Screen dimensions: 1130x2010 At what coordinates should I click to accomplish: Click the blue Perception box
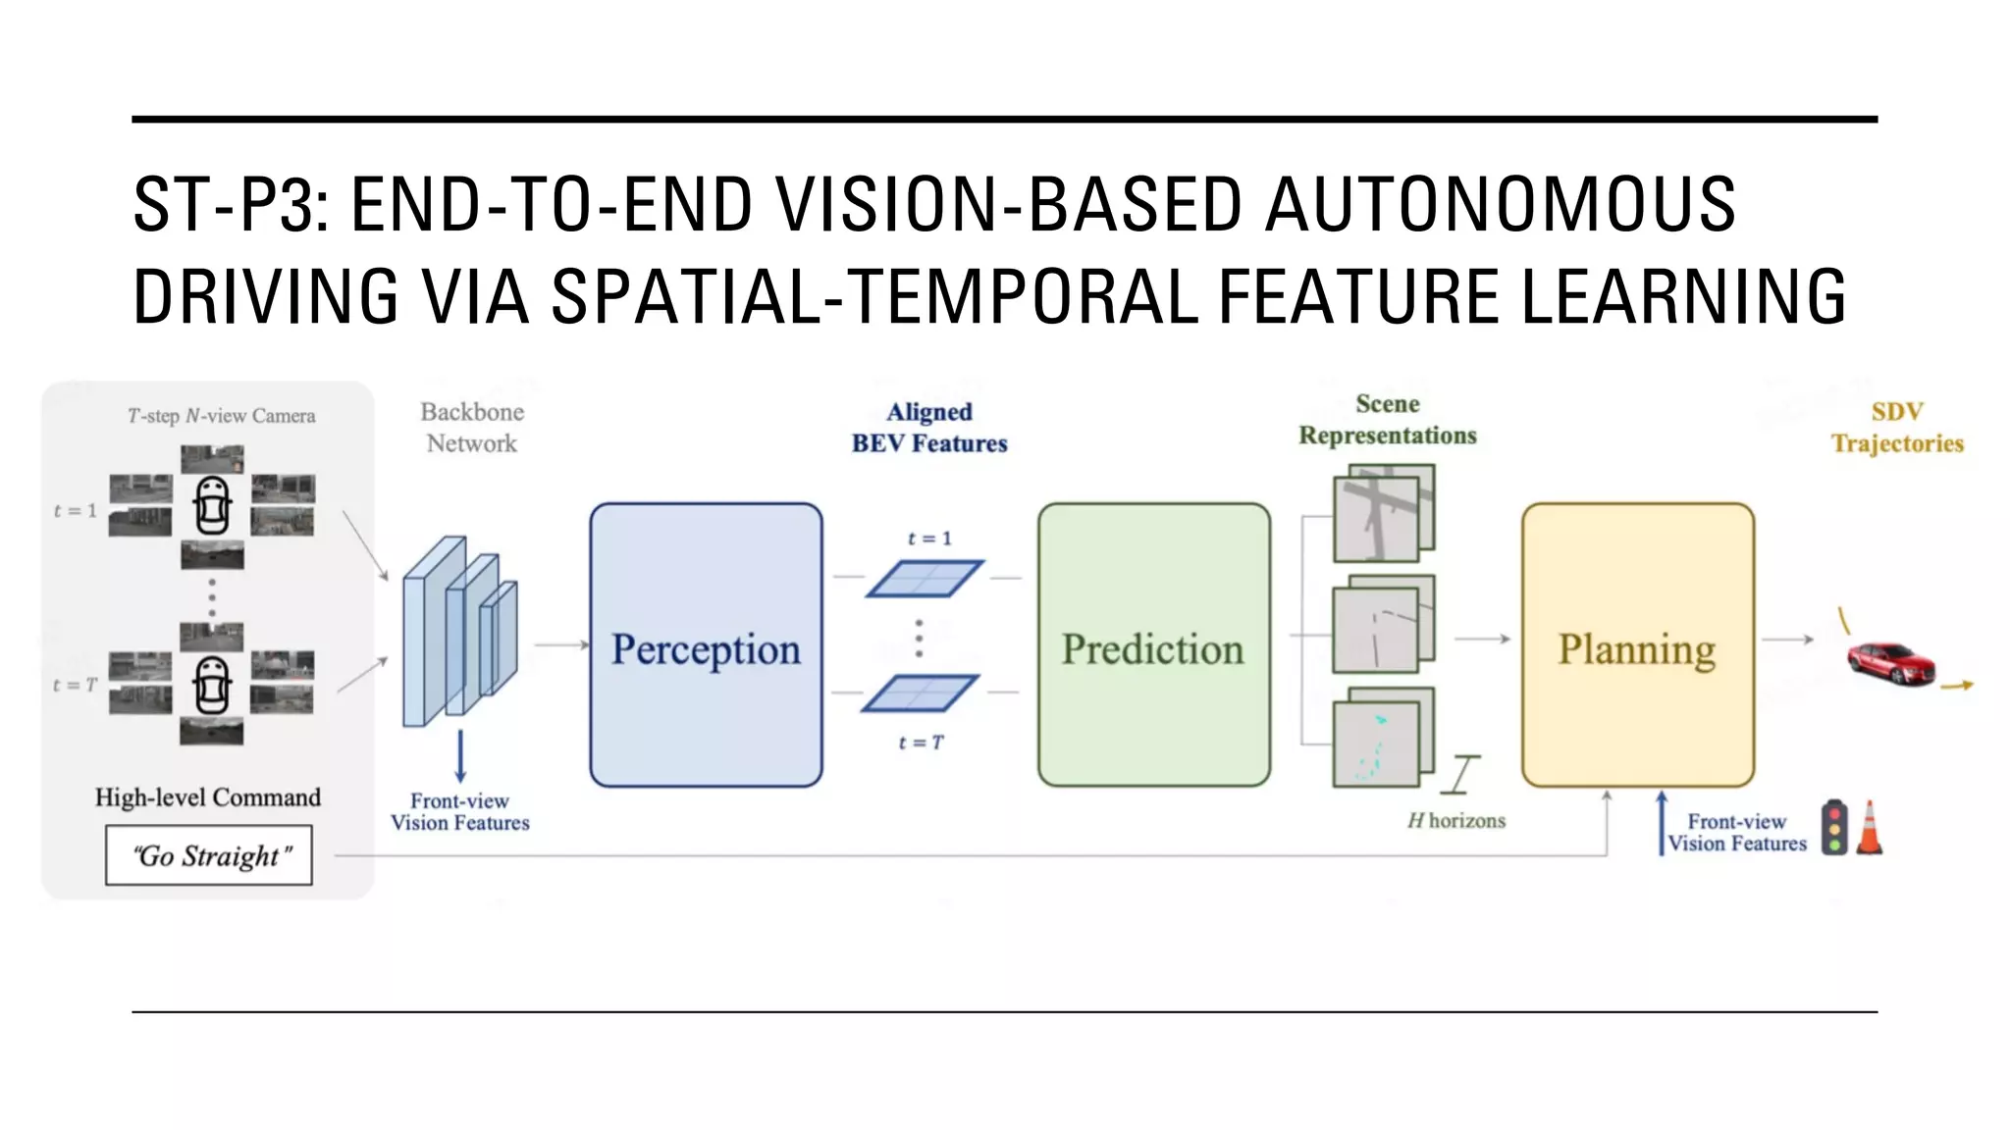(x=706, y=645)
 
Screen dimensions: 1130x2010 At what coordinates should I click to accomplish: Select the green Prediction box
(x=1153, y=645)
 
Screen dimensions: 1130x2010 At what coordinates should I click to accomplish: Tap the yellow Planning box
(x=1637, y=645)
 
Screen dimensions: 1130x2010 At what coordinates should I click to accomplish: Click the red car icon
(x=1889, y=663)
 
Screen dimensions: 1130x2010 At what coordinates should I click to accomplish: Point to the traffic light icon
(x=1833, y=827)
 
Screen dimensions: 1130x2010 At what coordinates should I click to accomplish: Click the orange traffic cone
(x=1870, y=829)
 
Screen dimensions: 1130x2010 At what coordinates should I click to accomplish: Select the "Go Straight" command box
(x=209, y=855)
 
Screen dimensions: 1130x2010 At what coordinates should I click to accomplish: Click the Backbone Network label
(x=472, y=428)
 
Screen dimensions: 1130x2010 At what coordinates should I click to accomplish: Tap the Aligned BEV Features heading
(x=929, y=428)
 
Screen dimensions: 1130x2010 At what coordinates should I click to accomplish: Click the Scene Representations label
(x=1387, y=420)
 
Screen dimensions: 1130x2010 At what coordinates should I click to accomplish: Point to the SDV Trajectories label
(x=1897, y=428)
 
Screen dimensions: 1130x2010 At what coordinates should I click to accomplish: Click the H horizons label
(x=1456, y=820)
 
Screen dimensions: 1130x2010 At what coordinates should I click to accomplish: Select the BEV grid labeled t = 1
(x=924, y=579)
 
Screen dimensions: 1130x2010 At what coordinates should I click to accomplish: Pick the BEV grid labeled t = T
(x=920, y=693)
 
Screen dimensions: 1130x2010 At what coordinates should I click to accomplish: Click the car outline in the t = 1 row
(x=212, y=505)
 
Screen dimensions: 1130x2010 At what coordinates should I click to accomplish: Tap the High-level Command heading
(x=208, y=796)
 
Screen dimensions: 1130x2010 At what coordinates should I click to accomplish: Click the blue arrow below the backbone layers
(x=459, y=756)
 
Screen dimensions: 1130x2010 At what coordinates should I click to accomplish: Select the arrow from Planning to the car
(x=1787, y=640)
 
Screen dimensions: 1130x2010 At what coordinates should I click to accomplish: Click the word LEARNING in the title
(x=1683, y=296)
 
